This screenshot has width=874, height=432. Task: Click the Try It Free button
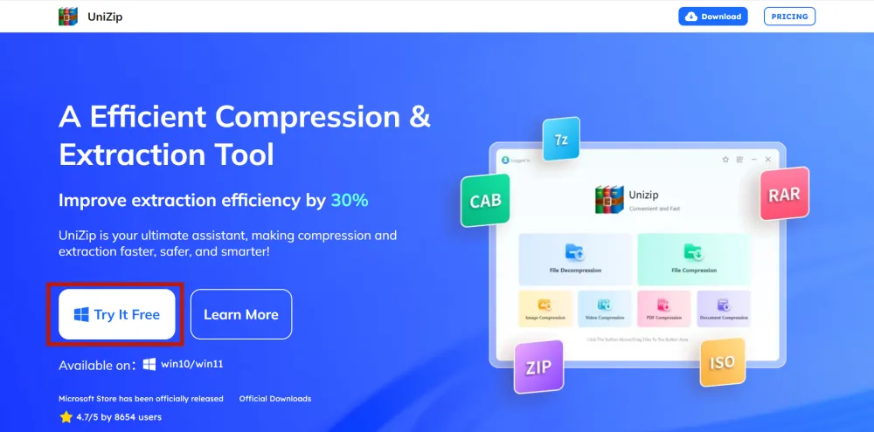point(117,314)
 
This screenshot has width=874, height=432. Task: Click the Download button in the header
point(713,17)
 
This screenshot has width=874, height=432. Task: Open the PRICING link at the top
point(789,17)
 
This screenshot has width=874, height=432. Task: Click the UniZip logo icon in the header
point(67,17)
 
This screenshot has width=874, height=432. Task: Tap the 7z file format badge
point(560,140)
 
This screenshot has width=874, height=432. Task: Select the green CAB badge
point(485,201)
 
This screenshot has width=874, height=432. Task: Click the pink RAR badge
point(783,195)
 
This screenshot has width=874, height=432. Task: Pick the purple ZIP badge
point(538,367)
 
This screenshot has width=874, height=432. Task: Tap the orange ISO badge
point(722,362)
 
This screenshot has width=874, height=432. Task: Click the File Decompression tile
point(574,258)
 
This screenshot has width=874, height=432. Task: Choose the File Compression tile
point(693,258)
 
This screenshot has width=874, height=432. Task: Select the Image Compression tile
point(545,308)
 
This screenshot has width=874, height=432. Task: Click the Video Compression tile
point(604,308)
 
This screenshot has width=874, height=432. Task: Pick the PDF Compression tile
point(663,308)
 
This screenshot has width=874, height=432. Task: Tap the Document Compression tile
point(723,308)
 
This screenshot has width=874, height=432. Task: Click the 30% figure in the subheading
point(349,200)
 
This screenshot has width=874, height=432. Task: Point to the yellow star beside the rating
point(66,417)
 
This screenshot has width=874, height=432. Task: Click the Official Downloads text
point(275,399)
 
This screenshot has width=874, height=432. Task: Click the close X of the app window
point(768,160)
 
